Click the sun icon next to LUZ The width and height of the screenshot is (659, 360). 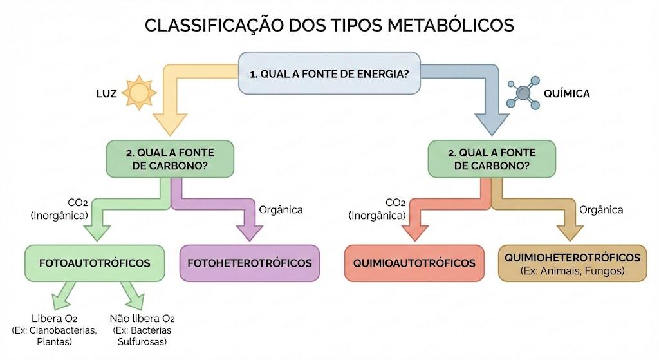click(139, 93)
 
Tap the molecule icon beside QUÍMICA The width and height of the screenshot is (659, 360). click(523, 93)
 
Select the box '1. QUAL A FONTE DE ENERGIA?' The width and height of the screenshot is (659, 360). click(329, 73)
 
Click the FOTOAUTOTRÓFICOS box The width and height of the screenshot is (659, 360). click(95, 263)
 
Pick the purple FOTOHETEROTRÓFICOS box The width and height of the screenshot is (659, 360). click(250, 263)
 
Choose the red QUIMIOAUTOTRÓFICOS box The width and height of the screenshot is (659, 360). click(414, 263)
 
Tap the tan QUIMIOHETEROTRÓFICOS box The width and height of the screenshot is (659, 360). click(572, 263)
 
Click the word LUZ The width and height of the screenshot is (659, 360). click(107, 93)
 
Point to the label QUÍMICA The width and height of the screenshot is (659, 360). click(567, 93)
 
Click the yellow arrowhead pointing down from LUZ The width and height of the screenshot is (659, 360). click(170, 124)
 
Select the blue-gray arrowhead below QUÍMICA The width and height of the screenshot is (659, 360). click(492, 124)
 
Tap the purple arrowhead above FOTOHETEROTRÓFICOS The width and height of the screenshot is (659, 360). click(250, 232)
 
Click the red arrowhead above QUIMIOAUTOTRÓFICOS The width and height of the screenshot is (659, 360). click(415, 232)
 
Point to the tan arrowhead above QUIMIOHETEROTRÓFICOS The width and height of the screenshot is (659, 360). click(570, 232)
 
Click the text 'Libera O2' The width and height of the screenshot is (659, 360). click(54, 319)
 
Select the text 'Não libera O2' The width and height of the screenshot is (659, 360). click(142, 319)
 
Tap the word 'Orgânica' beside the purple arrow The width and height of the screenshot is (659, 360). click(281, 210)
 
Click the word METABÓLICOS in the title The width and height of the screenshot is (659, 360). click(450, 25)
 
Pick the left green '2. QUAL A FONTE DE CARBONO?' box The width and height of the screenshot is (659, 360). click(170, 159)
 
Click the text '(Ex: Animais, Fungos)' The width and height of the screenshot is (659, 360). click(572, 271)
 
